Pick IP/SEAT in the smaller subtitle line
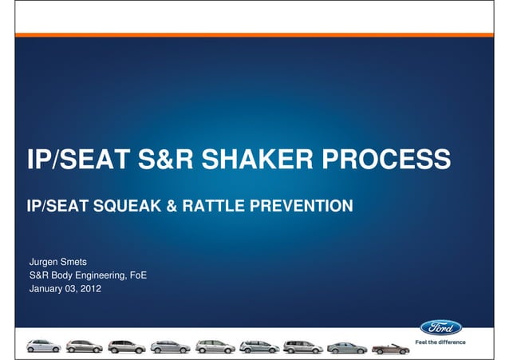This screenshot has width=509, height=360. (x=52, y=208)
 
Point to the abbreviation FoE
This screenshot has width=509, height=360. (x=136, y=275)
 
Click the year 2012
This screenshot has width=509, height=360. (x=101, y=289)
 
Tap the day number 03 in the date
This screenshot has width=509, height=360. (x=77, y=289)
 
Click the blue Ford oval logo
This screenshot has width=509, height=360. (x=441, y=327)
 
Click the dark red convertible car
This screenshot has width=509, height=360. (x=390, y=347)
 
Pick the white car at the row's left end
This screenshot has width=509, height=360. (x=42, y=346)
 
